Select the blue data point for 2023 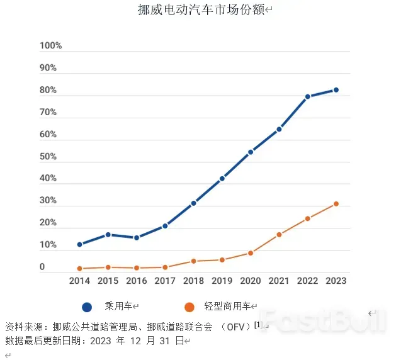click(x=336, y=90)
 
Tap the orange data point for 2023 click(x=336, y=204)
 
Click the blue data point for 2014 click(x=80, y=244)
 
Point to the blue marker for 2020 click(x=251, y=152)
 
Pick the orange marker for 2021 click(x=280, y=234)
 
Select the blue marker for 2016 click(x=137, y=237)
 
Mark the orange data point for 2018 click(x=194, y=261)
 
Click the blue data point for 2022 click(x=308, y=96)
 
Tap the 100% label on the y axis click(x=51, y=46)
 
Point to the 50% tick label click(x=48, y=157)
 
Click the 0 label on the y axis click(x=43, y=267)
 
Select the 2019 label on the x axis click(x=222, y=281)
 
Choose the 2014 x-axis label click(x=80, y=281)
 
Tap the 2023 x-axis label click(x=336, y=281)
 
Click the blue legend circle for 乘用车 click(x=87, y=307)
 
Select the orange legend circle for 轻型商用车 click(x=189, y=307)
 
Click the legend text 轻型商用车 click(x=227, y=307)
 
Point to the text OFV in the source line click(x=235, y=327)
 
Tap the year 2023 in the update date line click(x=101, y=341)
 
